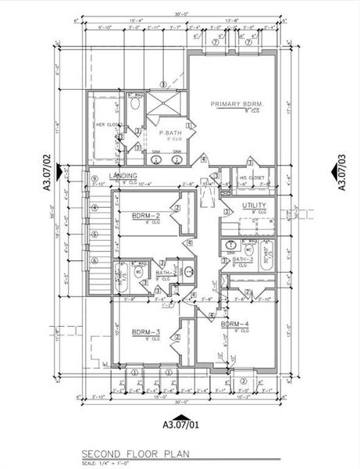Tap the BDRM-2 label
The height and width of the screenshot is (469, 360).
tap(146, 215)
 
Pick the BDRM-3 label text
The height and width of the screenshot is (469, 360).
tap(146, 332)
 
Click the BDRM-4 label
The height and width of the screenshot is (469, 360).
tap(234, 324)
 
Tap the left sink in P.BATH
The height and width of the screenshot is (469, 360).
tap(156, 159)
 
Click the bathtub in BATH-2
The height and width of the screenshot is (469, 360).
tap(123, 278)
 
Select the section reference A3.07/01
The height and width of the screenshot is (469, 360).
tap(180, 426)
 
